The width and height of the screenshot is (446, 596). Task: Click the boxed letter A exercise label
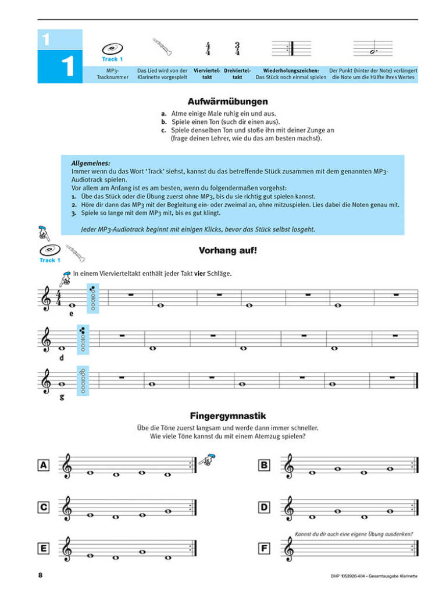pos(43,464)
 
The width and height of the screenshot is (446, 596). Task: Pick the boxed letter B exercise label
pos(264,464)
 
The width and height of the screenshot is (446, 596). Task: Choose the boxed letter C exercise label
pos(43,508)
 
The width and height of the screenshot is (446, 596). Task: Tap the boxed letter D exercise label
pos(264,508)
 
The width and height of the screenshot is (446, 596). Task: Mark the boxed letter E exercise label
pos(43,548)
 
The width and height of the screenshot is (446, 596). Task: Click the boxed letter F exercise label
pos(264,548)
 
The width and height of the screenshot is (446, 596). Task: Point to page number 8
pos(40,576)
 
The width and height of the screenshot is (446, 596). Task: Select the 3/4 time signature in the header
pos(237,49)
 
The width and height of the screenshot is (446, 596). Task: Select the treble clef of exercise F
pos(289,549)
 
